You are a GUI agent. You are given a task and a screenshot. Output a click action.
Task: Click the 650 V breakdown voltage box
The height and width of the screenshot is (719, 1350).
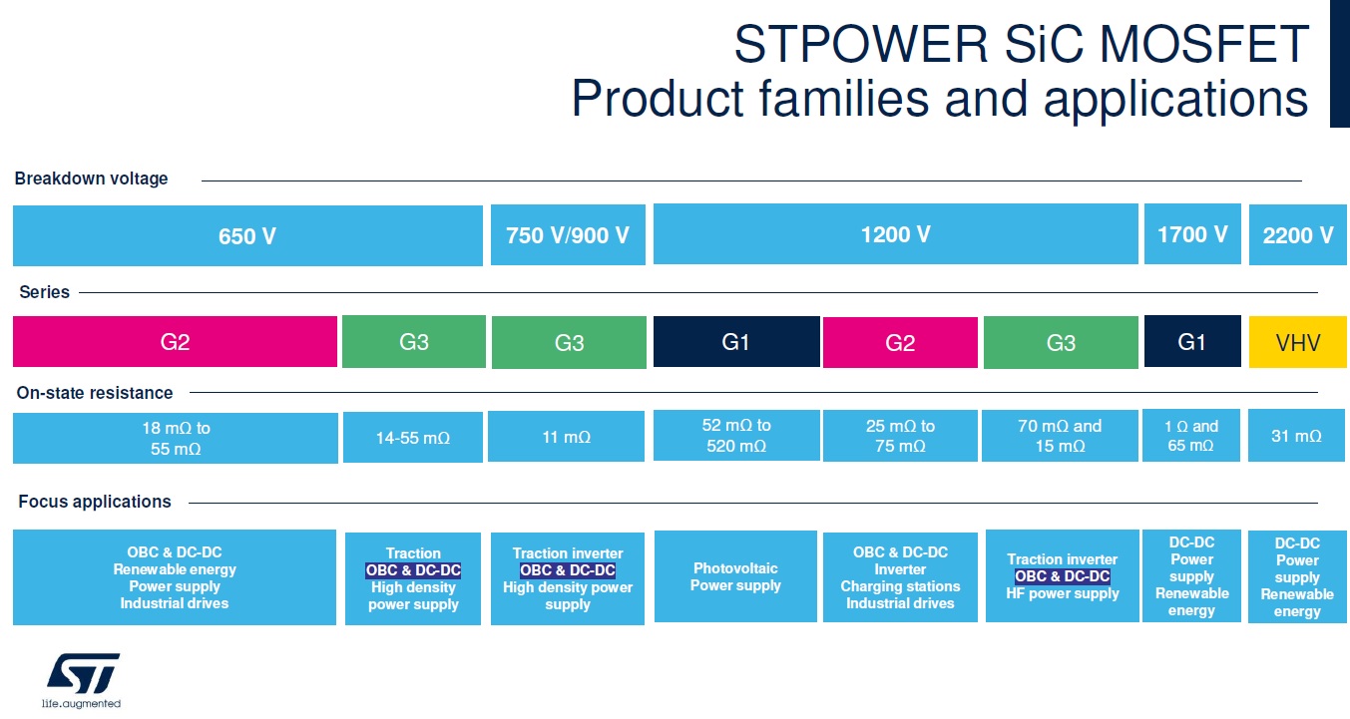[x=247, y=236]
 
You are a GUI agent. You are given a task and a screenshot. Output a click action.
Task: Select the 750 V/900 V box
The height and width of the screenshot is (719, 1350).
[x=568, y=235]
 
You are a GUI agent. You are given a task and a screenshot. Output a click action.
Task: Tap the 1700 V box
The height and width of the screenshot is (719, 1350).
[x=1192, y=234]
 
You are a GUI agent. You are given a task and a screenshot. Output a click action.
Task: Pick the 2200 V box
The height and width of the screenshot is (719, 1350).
[x=1297, y=235]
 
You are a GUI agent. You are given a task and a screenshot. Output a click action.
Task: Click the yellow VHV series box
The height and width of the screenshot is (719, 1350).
[x=1297, y=343]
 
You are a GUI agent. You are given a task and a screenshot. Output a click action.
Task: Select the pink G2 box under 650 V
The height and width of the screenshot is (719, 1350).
[x=175, y=342]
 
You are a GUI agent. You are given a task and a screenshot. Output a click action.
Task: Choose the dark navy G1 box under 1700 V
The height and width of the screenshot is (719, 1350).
[x=1192, y=342]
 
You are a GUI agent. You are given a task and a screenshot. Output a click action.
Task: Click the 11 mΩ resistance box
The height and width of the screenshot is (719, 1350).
[x=566, y=437]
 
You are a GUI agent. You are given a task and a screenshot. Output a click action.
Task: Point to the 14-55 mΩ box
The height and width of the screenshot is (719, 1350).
[x=412, y=438]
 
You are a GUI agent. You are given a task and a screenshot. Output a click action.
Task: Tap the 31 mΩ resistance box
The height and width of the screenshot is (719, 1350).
[x=1296, y=436]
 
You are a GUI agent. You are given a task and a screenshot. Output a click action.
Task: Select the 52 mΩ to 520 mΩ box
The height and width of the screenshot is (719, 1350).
[x=736, y=436]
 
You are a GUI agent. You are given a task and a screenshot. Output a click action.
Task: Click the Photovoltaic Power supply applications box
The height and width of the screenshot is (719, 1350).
[x=735, y=576]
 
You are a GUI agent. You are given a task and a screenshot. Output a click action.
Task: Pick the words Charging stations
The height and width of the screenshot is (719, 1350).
[x=900, y=586]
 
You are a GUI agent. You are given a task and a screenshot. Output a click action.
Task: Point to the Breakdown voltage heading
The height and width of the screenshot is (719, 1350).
[x=91, y=179]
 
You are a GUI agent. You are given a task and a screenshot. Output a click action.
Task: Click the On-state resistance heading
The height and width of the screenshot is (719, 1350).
[x=95, y=393]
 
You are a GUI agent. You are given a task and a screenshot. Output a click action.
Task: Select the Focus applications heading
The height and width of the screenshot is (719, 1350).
[x=95, y=502]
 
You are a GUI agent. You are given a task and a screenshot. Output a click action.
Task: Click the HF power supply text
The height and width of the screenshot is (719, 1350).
[x=1062, y=593]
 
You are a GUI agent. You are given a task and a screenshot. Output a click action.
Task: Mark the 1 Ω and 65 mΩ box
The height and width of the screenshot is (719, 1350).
[x=1191, y=436]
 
